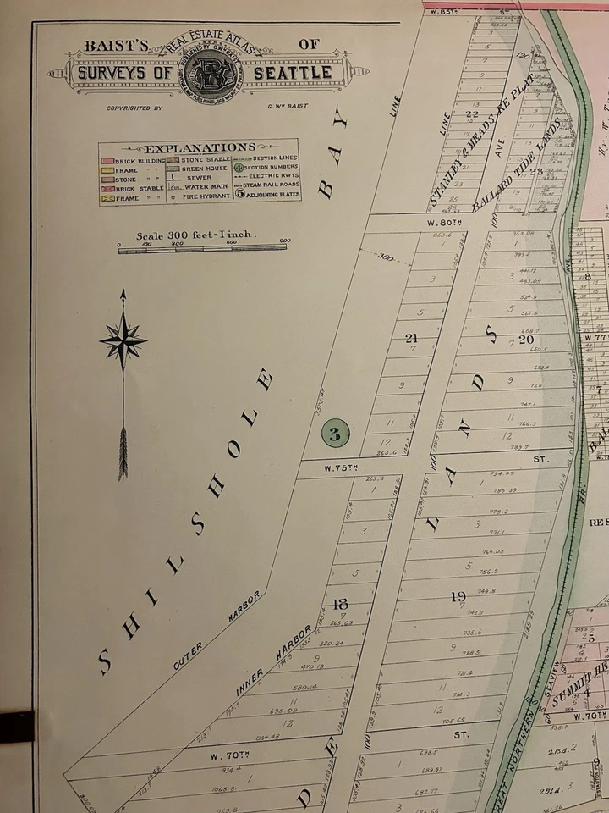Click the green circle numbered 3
(335, 435)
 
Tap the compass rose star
(123, 342)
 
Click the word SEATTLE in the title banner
(300, 73)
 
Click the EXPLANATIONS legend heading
(199, 147)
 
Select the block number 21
(412, 338)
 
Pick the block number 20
(527, 339)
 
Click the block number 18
(341, 604)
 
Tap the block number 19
(458, 597)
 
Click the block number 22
(472, 115)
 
